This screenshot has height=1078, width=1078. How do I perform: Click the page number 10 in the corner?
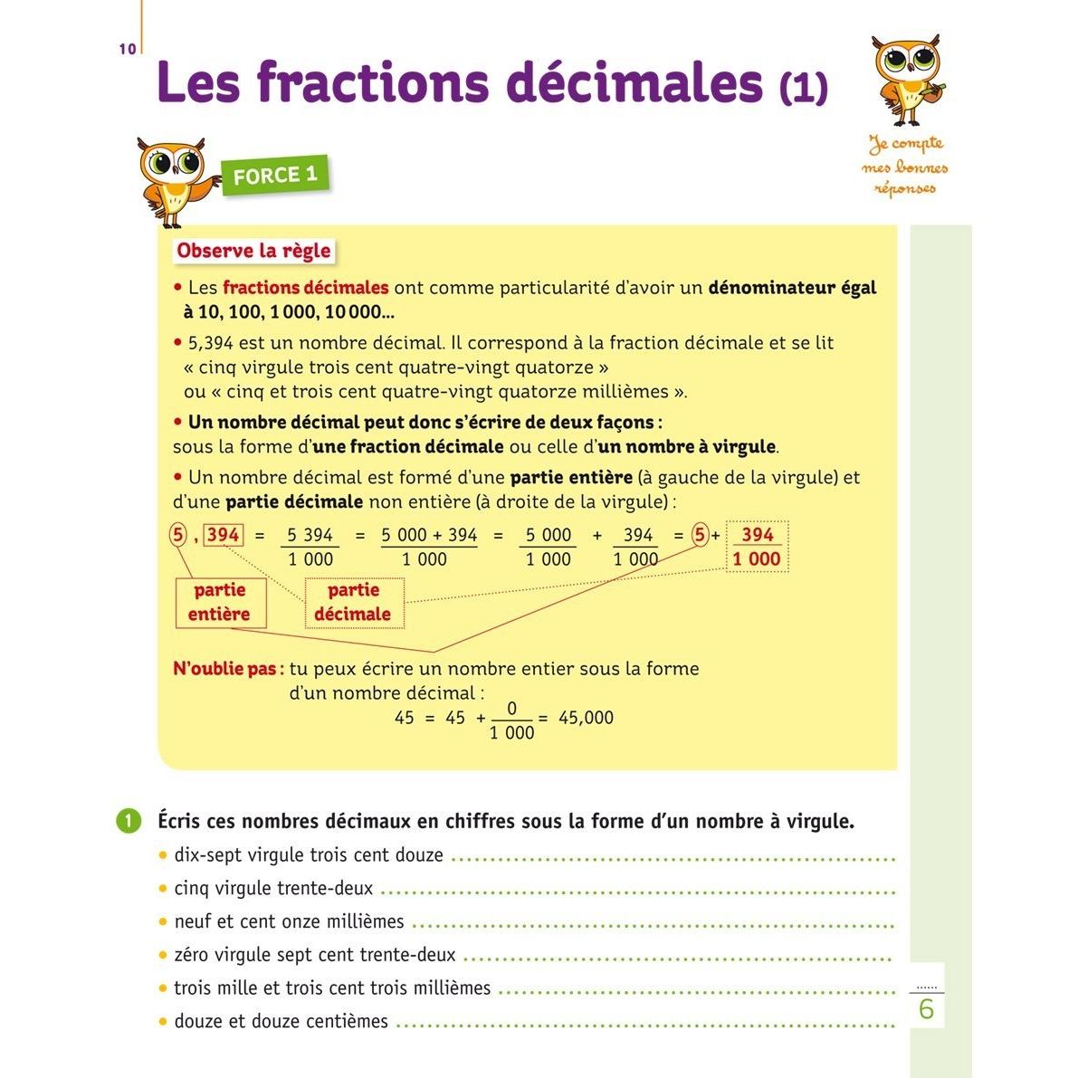click(127, 49)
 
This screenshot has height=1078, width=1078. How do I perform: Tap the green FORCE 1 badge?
click(275, 176)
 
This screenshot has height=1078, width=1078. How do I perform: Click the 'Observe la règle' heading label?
click(253, 251)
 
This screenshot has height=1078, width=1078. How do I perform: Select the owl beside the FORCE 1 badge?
click(175, 180)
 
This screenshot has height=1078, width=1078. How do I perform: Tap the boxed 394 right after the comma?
click(223, 535)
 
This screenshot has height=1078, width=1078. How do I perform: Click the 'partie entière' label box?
click(219, 602)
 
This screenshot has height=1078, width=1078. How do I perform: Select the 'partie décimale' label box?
click(353, 602)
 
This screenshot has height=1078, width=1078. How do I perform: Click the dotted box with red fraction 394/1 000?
click(757, 547)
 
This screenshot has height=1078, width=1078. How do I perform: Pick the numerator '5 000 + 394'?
click(428, 535)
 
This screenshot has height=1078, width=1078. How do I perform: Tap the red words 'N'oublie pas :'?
click(228, 669)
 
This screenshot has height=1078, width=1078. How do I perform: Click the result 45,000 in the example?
click(586, 718)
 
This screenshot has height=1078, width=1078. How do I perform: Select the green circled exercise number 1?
click(129, 821)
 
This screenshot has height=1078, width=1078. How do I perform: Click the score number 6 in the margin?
click(926, 1008)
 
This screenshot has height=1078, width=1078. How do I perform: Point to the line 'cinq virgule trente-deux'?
click(273, 889)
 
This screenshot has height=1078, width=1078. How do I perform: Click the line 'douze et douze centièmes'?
click(281, 1021)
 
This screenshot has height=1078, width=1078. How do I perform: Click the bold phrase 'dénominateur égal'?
click(792, 288)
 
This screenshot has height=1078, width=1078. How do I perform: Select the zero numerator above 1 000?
click(511, 708)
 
